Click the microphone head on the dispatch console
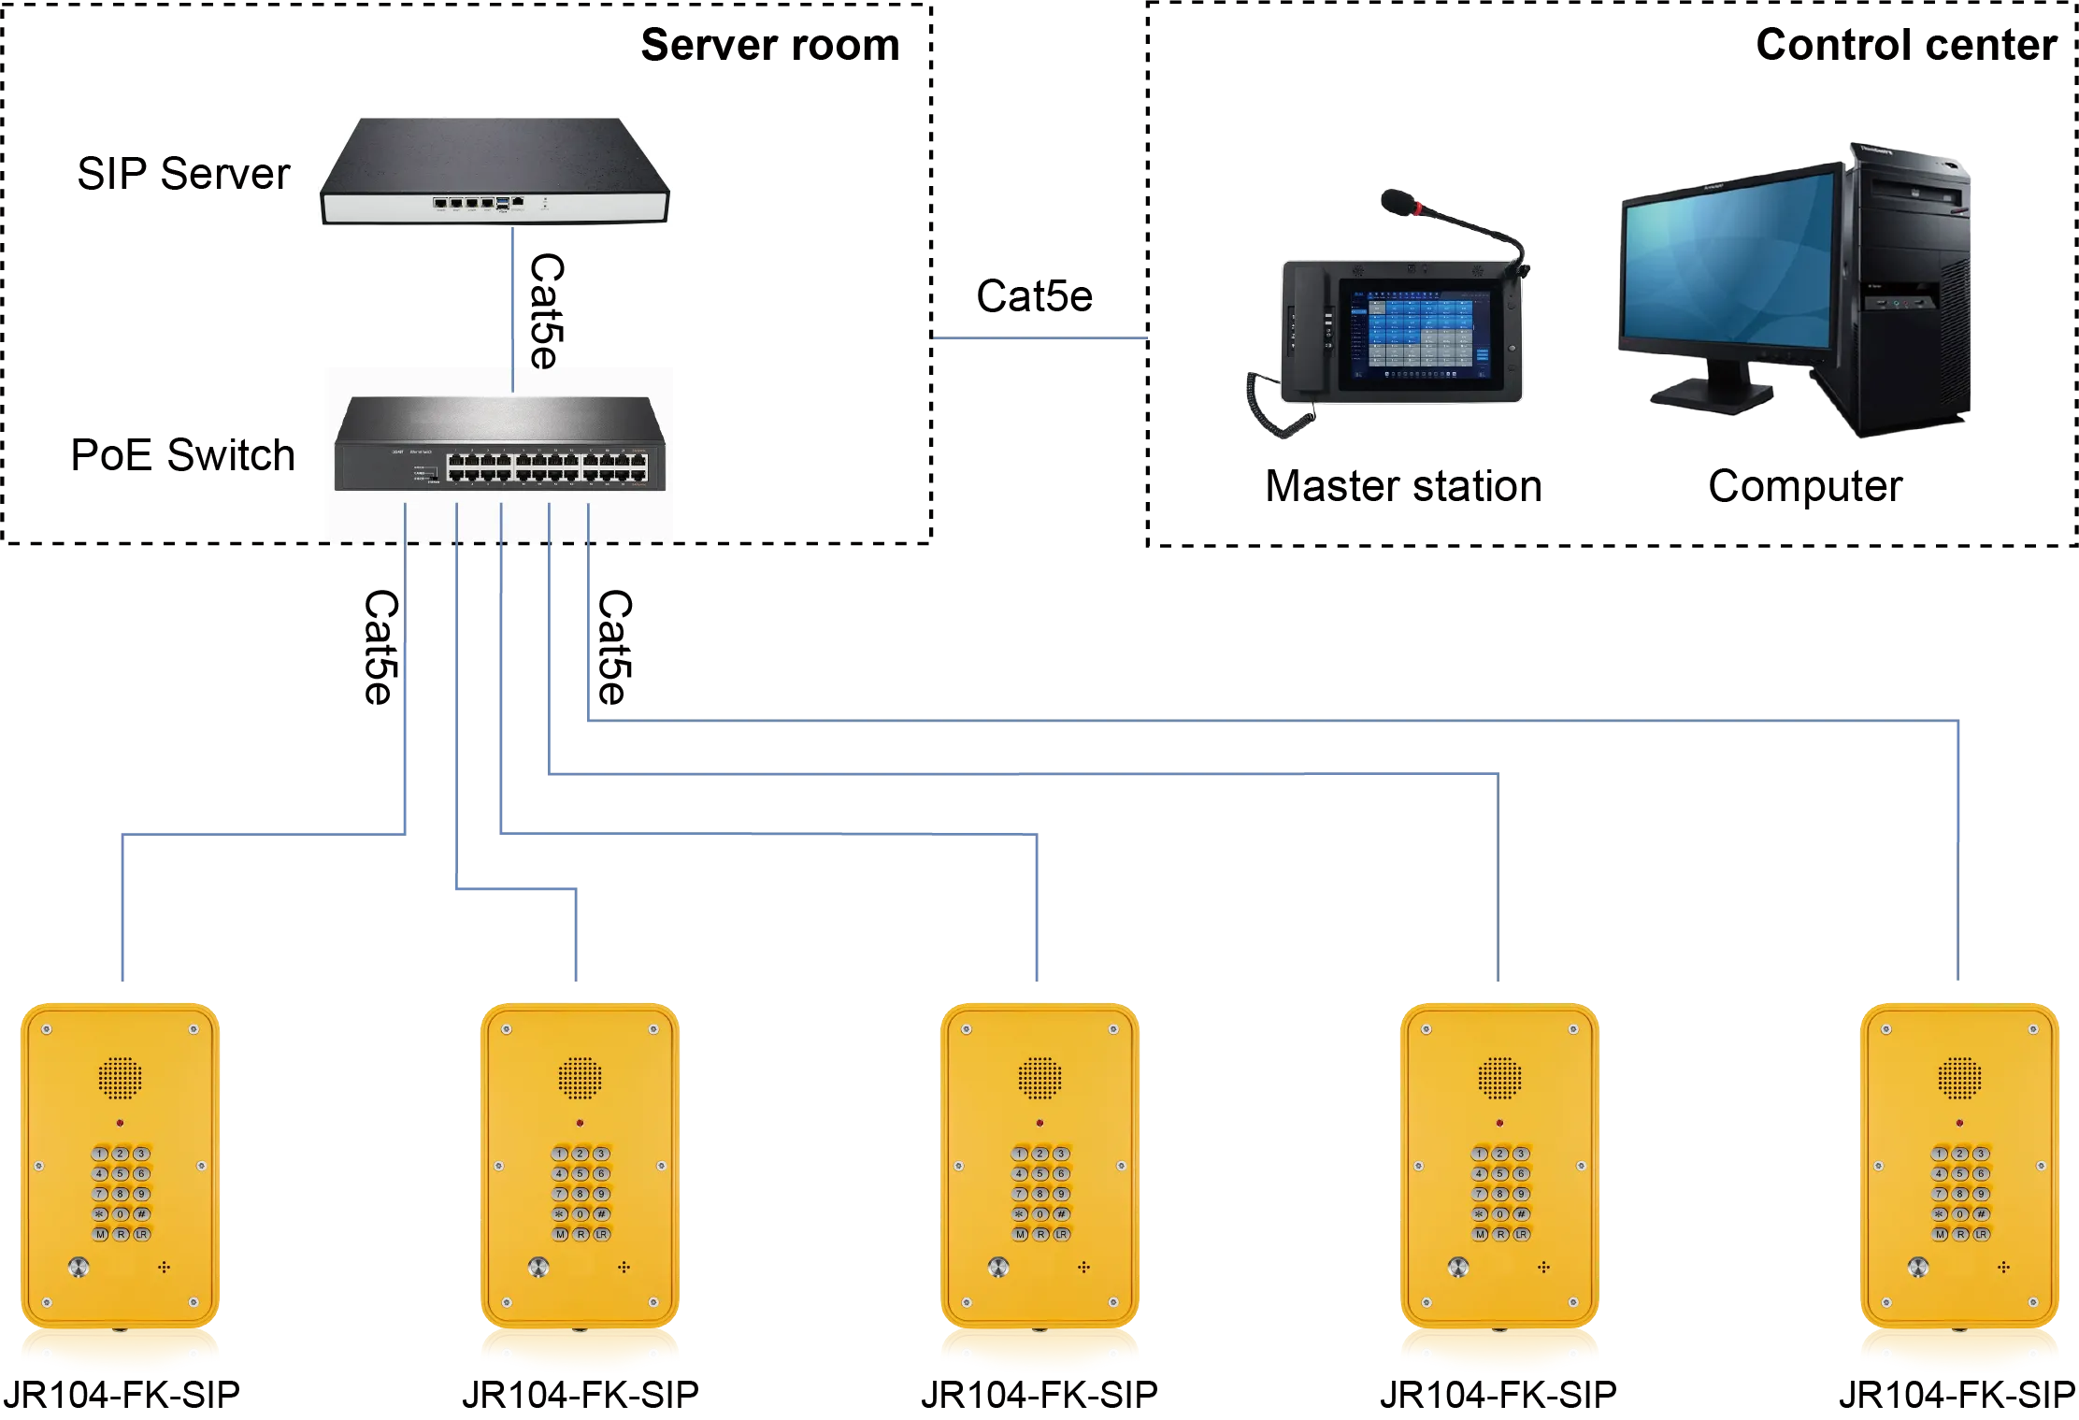[1395, 201]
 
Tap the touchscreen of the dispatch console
[1420, 333]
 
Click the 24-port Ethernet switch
[500, 444]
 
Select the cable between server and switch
[513, 308]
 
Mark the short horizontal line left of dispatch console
[1039, 340]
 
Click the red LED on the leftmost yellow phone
[120, 1123]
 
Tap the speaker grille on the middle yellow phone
[1039, 1078]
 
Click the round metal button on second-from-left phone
[538, 1268]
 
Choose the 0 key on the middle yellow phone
[1040, 1214]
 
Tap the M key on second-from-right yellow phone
[1479, 1235]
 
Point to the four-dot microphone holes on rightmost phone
[2003, 1268]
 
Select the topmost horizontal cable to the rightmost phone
[1271, 721]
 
